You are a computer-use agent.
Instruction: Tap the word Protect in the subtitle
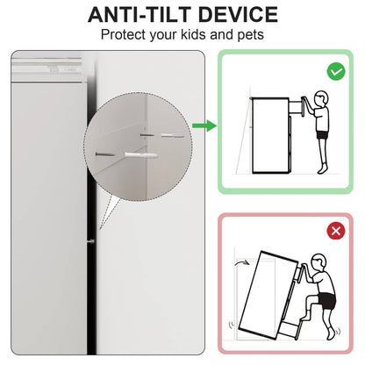124,34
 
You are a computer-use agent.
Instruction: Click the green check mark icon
336,72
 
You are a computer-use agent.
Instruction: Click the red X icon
336,231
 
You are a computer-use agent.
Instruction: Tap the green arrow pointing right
204,125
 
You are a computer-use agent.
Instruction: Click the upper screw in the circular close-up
147,135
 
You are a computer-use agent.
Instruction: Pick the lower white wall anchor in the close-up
141,155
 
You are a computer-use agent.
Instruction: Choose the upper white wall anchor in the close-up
173,136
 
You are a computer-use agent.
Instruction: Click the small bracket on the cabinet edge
91,241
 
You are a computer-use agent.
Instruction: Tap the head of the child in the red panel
318,261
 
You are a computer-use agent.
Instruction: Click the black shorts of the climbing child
327,300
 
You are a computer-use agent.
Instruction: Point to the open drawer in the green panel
297,108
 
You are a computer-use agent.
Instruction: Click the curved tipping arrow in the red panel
241,262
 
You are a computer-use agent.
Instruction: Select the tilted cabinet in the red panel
268,295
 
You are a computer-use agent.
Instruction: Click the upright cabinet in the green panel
270,135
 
